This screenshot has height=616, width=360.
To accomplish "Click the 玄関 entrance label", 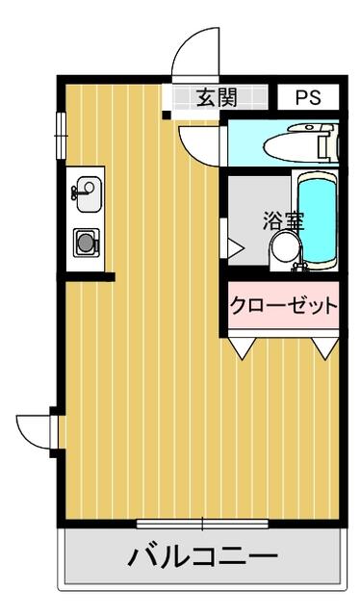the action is [x=217, y=97].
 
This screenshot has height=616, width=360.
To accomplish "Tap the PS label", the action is [x=308, y=97].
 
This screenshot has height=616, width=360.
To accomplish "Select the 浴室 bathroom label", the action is [x=283, y=220].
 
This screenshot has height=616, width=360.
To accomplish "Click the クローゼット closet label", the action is [x=284, y=305].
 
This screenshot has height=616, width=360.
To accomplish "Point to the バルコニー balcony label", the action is [x=203, y=556].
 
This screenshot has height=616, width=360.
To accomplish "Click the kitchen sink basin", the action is [x=89, y=194].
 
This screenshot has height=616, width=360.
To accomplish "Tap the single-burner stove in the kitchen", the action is [x=86, y=243].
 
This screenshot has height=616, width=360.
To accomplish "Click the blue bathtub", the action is [x=317, y=221].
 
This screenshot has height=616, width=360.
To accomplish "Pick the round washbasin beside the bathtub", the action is [x=286, y=247].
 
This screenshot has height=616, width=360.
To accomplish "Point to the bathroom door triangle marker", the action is [x=235, y=248].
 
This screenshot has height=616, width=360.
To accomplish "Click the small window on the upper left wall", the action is [x=61, y=136].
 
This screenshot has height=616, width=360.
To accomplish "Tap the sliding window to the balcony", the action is [x=202, y=524].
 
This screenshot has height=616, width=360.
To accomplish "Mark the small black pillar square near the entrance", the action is [x=167, y=115].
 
